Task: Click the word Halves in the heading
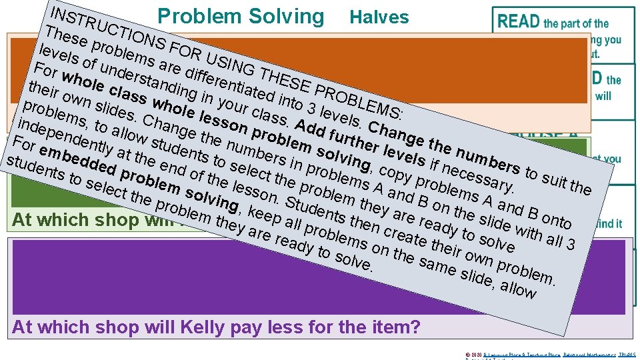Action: (379, 17)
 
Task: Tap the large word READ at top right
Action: (518, 21)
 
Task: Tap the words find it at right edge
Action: (609, 224)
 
